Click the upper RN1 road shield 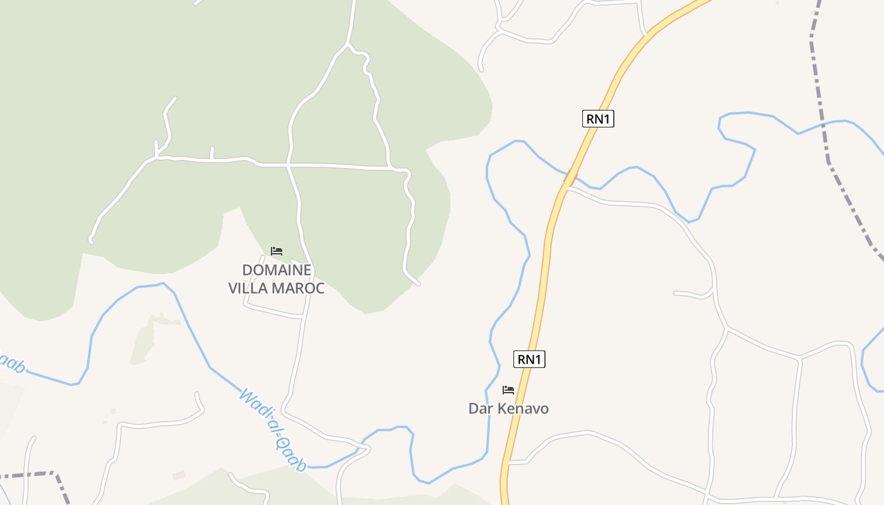pyautogui.click(x=597, y=119)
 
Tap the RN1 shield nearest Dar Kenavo pyautogui.click(x=529, y=359)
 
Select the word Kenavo pyautogui.click(x=523, y=408)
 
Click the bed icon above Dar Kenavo pyautogui.click(x=508, y=390)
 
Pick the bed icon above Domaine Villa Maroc pyautogui.click(x=277, y=251)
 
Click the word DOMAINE pyautogui.click(x=277, y=270)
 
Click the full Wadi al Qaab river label pyautogui.click(x=273, y=430)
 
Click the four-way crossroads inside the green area pyautogui.click(x=288, y=165)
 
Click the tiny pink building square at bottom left pyautogui.click(x=179, y=475)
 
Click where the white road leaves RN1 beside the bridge pyautogui.click(x=568, y=187)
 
